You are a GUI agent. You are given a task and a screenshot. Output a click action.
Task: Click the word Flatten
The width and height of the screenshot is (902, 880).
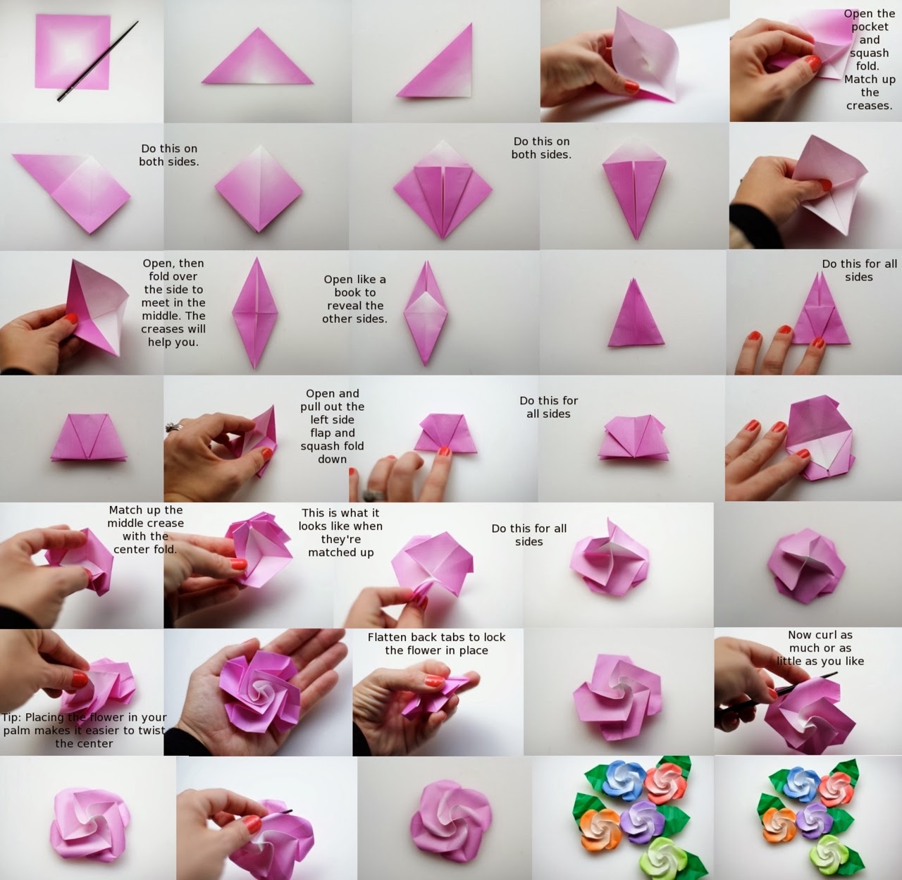[x=387, y=637]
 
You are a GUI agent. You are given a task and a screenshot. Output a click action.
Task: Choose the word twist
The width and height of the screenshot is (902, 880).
[x=149, y=731]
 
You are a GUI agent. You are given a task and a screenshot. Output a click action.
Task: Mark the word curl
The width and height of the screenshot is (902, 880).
[x=822, y=635]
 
